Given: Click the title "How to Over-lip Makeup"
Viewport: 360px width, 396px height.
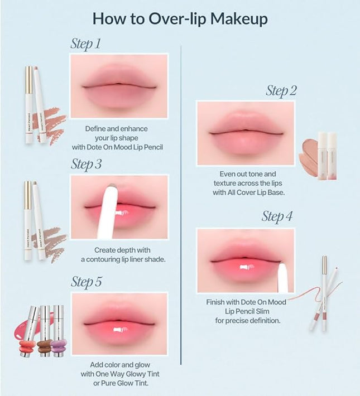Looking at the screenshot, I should [180, 18].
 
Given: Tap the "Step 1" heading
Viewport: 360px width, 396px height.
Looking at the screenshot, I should [86, 44].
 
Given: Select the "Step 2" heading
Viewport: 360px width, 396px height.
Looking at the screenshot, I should [281, 90].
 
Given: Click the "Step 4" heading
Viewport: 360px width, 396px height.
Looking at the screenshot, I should [277, 217].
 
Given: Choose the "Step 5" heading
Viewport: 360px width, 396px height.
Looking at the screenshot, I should [86, 282].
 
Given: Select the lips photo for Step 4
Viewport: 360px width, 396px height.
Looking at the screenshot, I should [246, 260].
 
